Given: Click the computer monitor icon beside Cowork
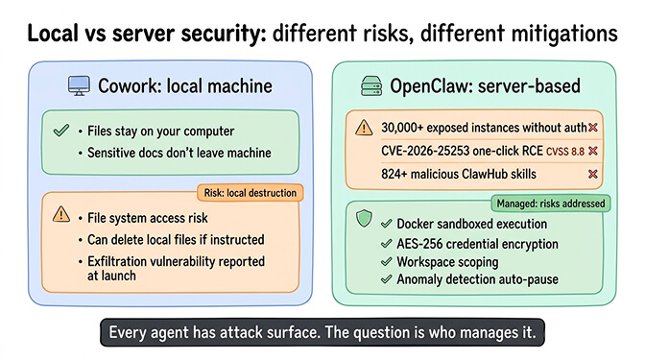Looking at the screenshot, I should point(80,86).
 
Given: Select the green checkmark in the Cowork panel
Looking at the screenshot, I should point(60,128).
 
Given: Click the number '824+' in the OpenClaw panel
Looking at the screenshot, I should point(397,174).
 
